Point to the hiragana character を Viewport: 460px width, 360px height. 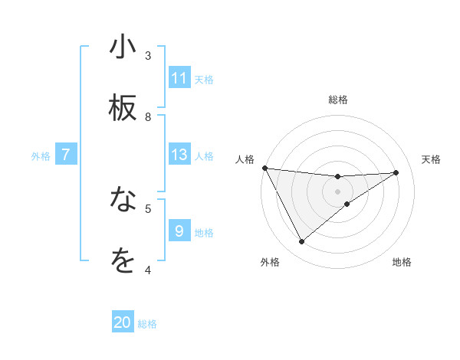[123, 260]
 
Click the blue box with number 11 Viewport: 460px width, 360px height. [179, 78]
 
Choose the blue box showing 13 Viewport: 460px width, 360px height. [179, 155]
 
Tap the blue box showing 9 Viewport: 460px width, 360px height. [179, 231]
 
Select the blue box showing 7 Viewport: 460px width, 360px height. [66, 155]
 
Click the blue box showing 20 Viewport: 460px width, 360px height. [123, 323]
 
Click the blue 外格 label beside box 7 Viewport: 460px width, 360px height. [41, 155]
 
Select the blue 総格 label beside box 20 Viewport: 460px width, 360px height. [147, 324]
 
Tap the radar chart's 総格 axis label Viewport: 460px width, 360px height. [337, 100]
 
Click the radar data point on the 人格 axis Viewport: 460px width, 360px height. [264, 168]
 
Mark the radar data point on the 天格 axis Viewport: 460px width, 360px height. [396, 172]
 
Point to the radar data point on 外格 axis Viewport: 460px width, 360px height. [301, 242]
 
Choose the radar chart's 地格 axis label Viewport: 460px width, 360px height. [402, 262]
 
